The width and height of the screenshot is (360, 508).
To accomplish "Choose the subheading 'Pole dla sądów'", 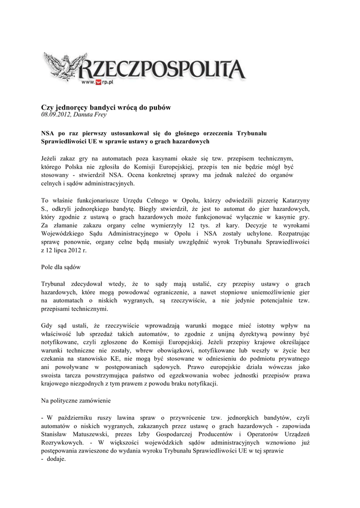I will [x=61, y=267].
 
